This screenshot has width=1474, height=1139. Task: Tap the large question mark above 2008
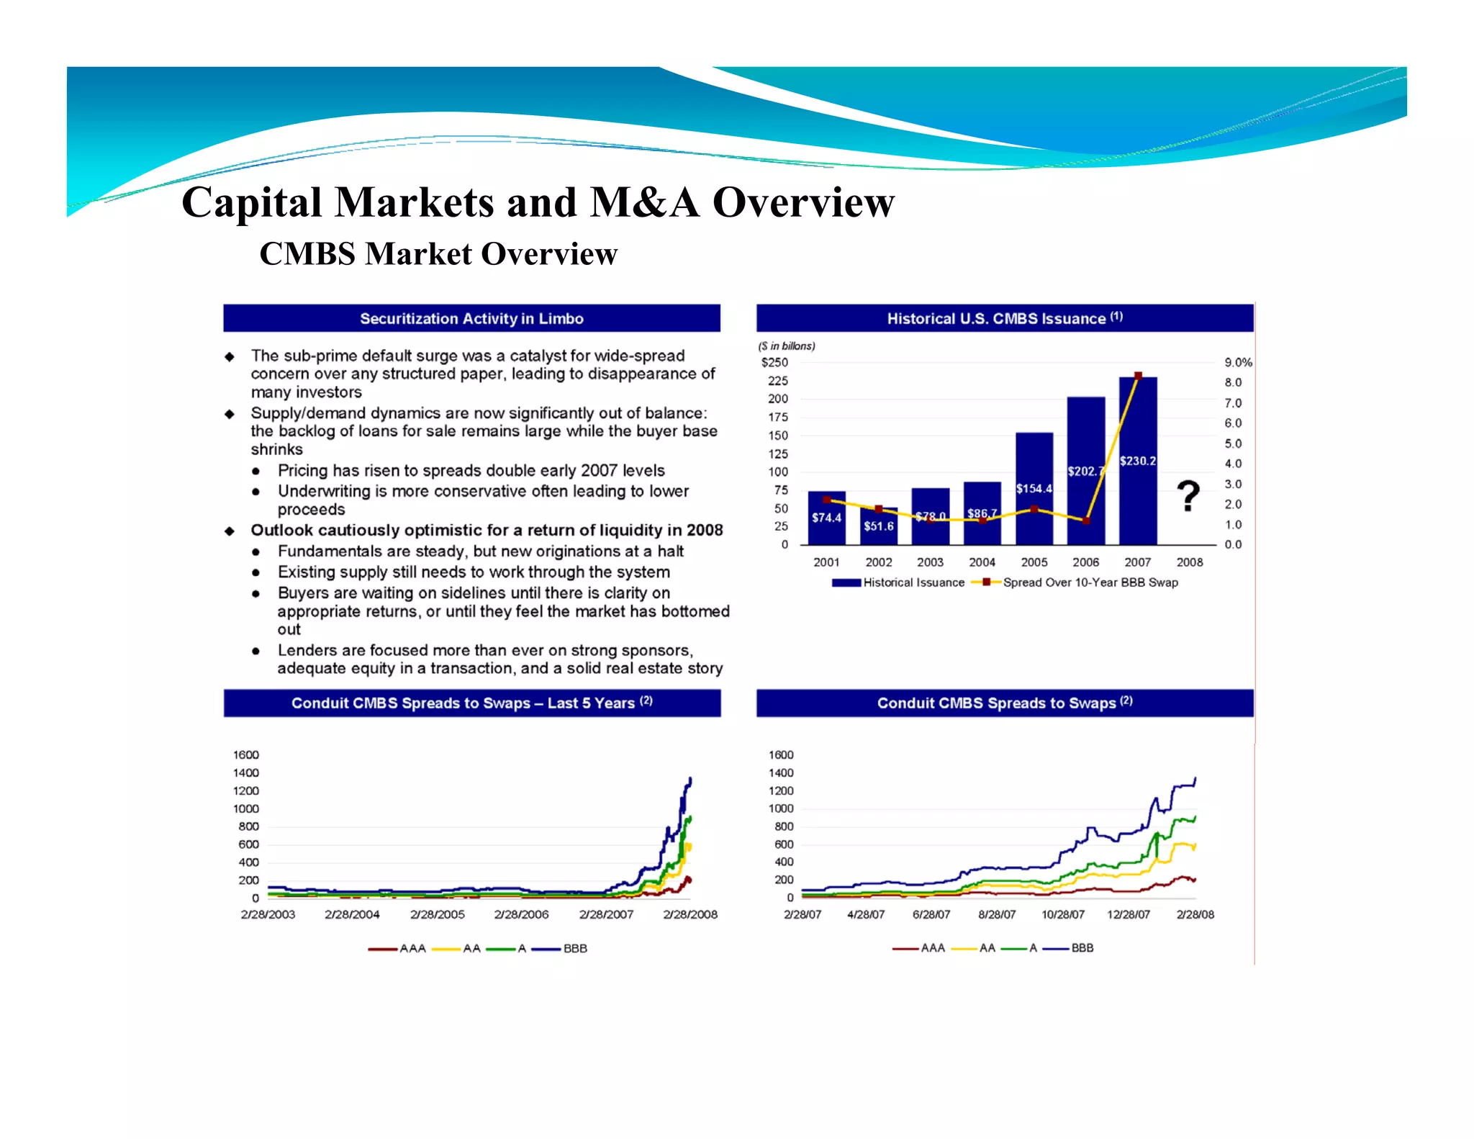1188,496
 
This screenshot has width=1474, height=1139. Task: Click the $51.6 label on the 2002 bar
878,526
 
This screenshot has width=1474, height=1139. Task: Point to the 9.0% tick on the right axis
1237,362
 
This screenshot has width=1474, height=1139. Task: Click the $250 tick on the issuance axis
774,362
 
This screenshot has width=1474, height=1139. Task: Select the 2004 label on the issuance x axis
982,562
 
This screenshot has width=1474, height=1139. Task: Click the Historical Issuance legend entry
913,582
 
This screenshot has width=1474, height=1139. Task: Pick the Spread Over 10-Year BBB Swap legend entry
1090,582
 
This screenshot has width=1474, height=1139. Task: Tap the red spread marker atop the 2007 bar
1138,376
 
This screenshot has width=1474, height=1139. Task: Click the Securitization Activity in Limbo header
471,318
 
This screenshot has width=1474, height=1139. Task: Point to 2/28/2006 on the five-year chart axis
521,914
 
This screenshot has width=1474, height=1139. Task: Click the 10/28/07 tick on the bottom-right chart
1062,914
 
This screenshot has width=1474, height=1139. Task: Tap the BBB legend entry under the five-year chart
574,948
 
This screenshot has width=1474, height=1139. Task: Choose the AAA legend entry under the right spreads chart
932,948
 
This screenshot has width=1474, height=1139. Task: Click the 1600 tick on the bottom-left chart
245,755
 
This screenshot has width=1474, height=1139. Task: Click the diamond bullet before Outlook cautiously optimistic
230,531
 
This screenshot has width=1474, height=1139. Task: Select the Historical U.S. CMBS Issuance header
1004,318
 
